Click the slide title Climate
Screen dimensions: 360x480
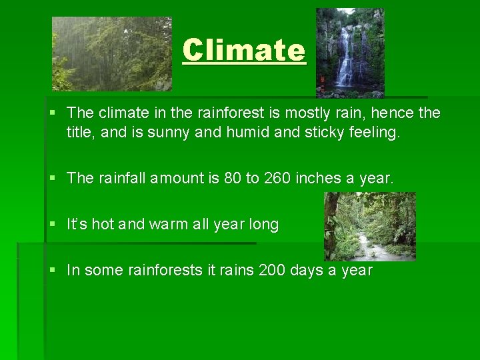(x=244, y=50)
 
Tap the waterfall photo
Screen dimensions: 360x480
(x=350, y=53)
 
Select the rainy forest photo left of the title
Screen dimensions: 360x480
(x=112, y=54)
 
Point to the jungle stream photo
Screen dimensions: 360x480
(x=369, y=226)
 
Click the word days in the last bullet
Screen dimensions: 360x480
(x=309, y=270)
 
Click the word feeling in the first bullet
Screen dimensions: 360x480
(x=375, y=133)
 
